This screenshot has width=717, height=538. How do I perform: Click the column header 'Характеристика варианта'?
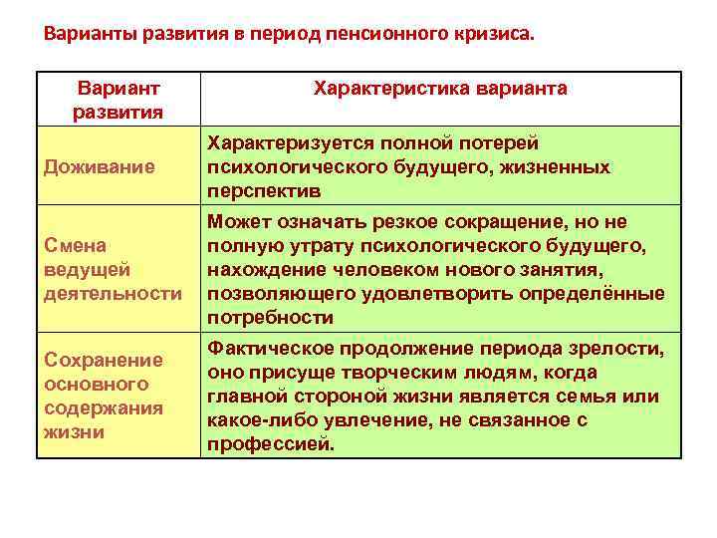tap(440, 89)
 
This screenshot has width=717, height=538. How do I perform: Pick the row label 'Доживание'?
tap(99, 166)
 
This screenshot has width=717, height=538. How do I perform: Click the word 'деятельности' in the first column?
tap(113, 293)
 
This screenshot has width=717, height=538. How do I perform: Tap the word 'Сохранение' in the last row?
tap(102, 359)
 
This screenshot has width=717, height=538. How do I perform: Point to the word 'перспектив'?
tap(264, 190)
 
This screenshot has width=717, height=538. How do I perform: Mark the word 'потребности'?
tap(270, 317)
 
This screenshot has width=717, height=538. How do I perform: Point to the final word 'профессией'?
tap(269, 443)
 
